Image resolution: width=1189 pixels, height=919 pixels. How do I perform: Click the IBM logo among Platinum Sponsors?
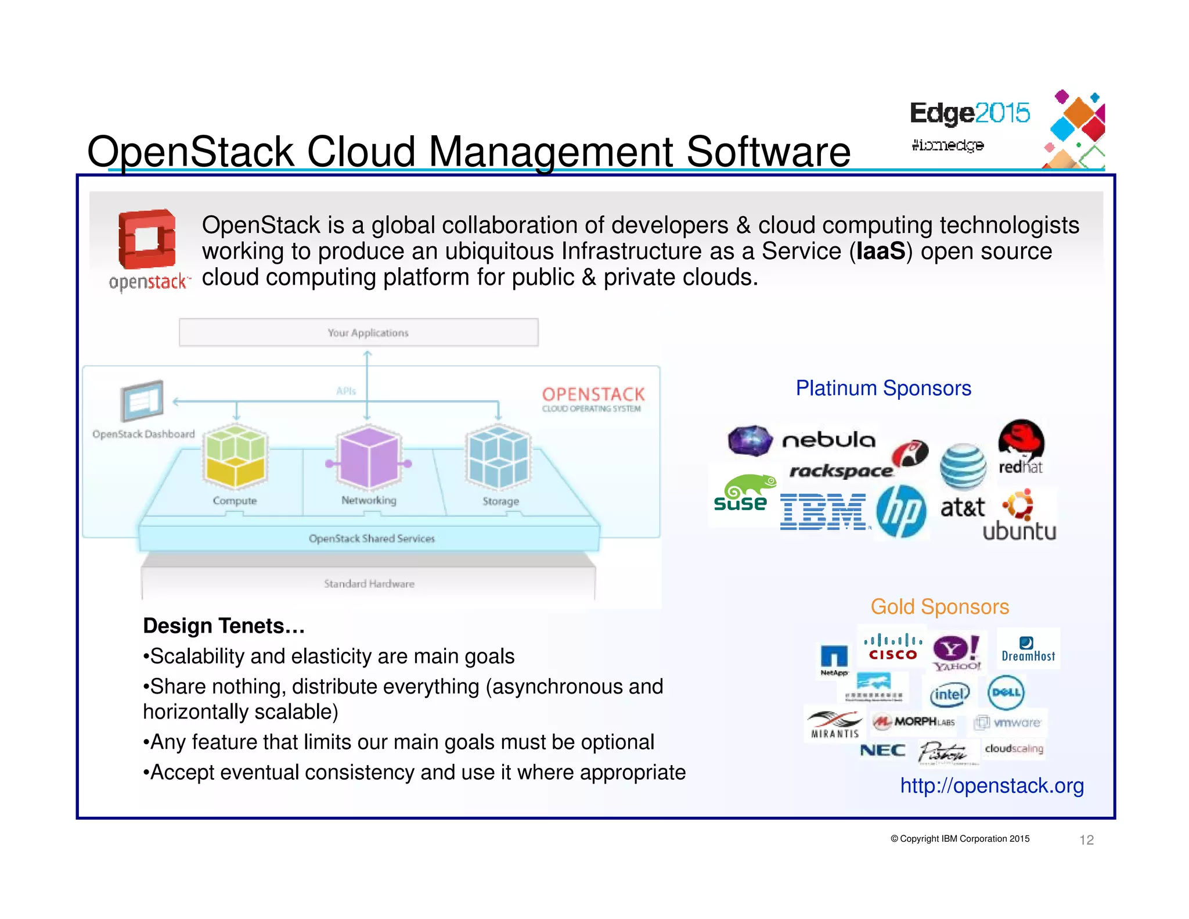coord(823,512)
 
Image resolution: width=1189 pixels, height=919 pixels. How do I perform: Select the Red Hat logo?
coord(1021,446)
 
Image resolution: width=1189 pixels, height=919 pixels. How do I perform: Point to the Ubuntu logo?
coord(1019,516)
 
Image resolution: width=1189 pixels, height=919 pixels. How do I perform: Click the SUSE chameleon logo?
coord(742,494)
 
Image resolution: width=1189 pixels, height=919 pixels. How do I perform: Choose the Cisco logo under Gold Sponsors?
coord(892,647)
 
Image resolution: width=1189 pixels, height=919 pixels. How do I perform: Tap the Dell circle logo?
coord(1006,692)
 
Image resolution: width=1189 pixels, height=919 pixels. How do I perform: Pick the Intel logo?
coord(949,694)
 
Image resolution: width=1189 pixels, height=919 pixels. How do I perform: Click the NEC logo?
coord(882,750)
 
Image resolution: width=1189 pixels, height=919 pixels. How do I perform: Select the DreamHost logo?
coord(1028,649)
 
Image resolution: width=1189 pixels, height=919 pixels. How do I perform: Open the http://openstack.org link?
coord(992,785)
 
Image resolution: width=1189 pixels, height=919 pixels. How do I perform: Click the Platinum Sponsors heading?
coord(883,388)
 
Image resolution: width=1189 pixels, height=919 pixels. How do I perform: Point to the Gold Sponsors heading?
coord(939,606)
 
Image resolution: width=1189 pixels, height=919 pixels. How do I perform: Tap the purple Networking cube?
coord(369,457)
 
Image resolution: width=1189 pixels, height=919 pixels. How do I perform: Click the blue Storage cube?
coord(498,457)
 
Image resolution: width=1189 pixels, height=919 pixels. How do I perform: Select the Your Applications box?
coord(359,332)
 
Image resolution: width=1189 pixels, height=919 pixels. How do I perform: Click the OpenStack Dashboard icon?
coord(142,400)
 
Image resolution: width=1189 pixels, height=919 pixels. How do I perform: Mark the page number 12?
coord(1086,839)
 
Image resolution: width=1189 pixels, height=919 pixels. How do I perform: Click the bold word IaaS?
coord(880,251)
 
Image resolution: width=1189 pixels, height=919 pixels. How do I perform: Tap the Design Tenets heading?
coord(224,626)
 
